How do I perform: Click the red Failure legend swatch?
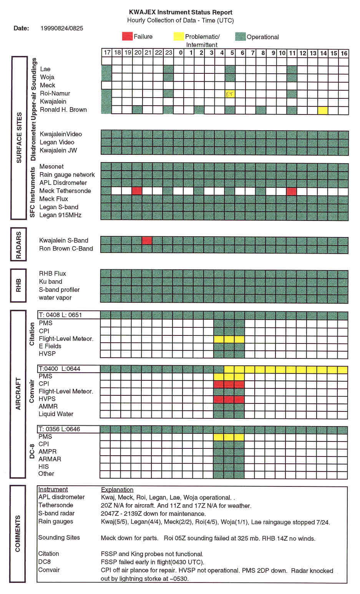(x=127, y=37)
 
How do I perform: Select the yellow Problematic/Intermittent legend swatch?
(x=179, y=37)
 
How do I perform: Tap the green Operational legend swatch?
(x=241, y=37)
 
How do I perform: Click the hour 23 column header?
(x=169, y=53)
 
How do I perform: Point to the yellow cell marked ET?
(x=230, y=94)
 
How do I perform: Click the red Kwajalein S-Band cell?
(x=147, y=241)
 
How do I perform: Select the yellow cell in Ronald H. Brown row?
(x=323, y=110)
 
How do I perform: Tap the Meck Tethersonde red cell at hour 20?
(x=137, y=191)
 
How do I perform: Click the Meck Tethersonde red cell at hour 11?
(x=292, y=191)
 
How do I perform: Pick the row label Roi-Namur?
(x=55, y=93)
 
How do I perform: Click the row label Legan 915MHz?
(x=60, y=215)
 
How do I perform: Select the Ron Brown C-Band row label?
(x=66, y=249)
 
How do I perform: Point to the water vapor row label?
(x=55, y=298)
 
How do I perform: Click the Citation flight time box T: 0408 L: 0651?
(x=69, y=315)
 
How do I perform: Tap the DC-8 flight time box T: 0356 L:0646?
(x=69, y=429)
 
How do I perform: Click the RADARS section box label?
(x=18, y=245)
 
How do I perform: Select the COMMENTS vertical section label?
(x=18, y=534)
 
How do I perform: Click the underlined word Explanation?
(x=117, y=489)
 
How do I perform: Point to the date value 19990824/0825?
(x=61, y=28)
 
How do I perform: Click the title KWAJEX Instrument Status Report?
(x=181, y=12)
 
